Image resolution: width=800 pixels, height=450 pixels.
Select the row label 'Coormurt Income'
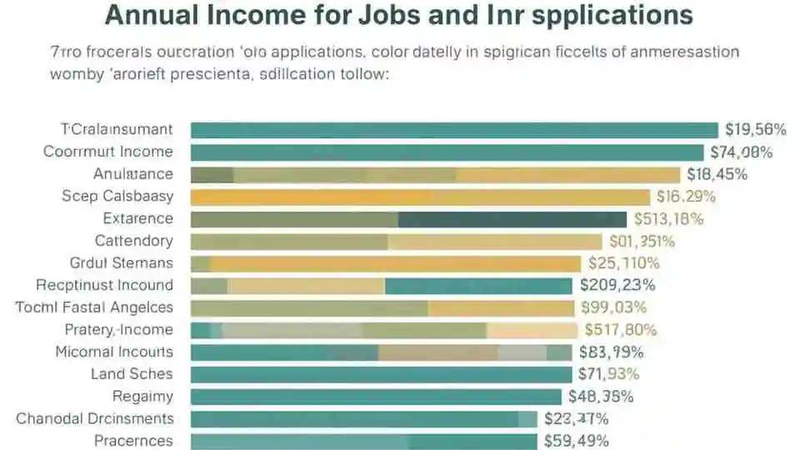(x=108, y=152)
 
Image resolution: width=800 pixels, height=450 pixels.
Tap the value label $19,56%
(x=756, y=129)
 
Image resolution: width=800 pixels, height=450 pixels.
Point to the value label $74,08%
(x=741, y=152)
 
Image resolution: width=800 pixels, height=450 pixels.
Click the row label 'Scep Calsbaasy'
(x=117, y=197)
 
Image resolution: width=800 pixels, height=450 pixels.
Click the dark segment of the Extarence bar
(x=512, y=219)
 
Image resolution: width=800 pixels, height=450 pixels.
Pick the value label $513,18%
(x=668, y=219)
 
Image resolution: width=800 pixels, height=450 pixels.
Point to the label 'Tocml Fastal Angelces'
(x=94, y=307)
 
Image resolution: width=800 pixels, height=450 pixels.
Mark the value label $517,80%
(x=621, y=330)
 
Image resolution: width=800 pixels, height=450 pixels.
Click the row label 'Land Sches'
(x=132, y=374)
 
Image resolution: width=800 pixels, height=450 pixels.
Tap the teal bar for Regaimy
(x=376, y=397)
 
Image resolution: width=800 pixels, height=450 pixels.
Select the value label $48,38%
(x=600, y=397)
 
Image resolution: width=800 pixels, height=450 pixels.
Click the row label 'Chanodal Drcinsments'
(x=95, y=418)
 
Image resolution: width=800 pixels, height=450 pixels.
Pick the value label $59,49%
(x=576, y=441)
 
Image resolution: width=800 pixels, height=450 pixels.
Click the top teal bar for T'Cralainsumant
(x=454, y=129)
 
